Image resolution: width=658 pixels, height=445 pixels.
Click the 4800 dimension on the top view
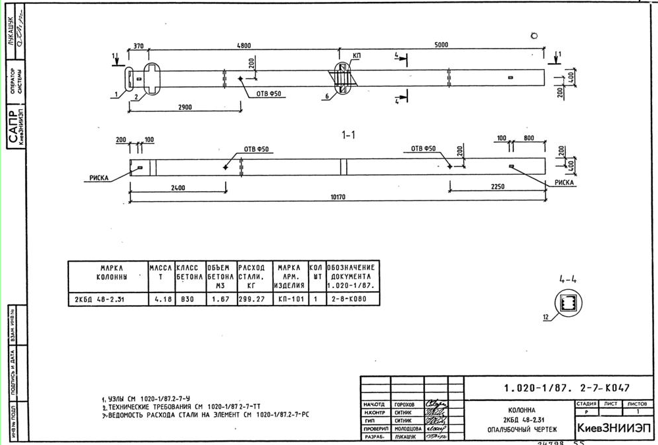(243, 45)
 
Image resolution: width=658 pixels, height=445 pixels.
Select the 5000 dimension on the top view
(440, 45)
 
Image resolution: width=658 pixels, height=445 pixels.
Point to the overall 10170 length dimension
(338, 195)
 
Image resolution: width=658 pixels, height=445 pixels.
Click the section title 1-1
(348, 135)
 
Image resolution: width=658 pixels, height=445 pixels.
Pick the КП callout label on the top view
(356, 57)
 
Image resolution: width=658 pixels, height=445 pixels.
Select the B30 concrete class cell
(190, 299)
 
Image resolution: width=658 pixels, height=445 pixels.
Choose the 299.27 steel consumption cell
(251, 299)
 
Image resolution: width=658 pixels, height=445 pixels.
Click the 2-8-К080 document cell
(353, 299)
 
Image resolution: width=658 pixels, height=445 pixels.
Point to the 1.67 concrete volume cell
(220, 299)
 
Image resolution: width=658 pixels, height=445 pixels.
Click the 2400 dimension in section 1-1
(177, 188)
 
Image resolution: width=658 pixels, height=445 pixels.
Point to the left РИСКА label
(99, 177)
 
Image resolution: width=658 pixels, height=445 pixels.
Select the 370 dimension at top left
(138, 45)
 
